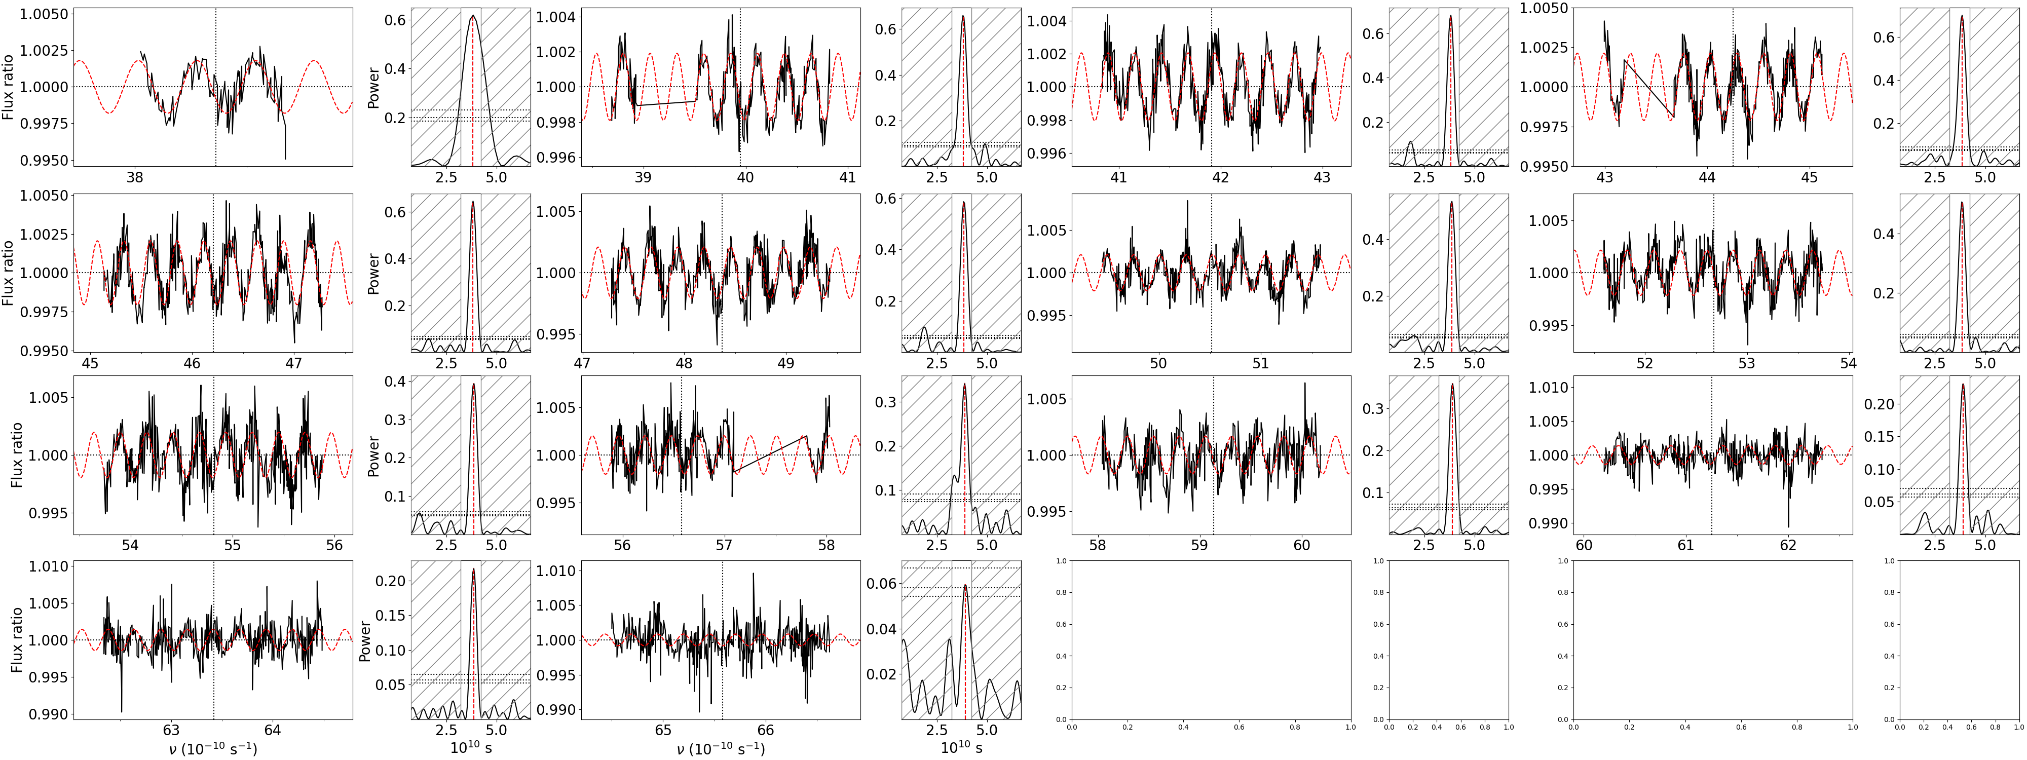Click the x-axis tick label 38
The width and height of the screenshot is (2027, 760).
135,178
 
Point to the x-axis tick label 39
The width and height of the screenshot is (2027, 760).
643,178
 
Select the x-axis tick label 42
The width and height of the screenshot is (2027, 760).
1220,178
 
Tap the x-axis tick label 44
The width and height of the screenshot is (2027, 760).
1707,178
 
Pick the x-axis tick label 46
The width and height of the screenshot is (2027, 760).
192,363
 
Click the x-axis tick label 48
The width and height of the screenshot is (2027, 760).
684,363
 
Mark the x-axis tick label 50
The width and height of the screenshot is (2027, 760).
1158,363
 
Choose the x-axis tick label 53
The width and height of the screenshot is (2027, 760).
1747,363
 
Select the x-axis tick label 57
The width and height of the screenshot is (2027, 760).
724,545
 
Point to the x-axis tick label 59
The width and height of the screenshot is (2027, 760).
1199,545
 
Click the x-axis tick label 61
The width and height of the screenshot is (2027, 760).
1685,545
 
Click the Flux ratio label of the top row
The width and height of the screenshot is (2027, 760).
9,87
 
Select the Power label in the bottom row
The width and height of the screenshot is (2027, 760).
364,640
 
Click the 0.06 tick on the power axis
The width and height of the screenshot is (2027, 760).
881,584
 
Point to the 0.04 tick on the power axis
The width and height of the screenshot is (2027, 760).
881,629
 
